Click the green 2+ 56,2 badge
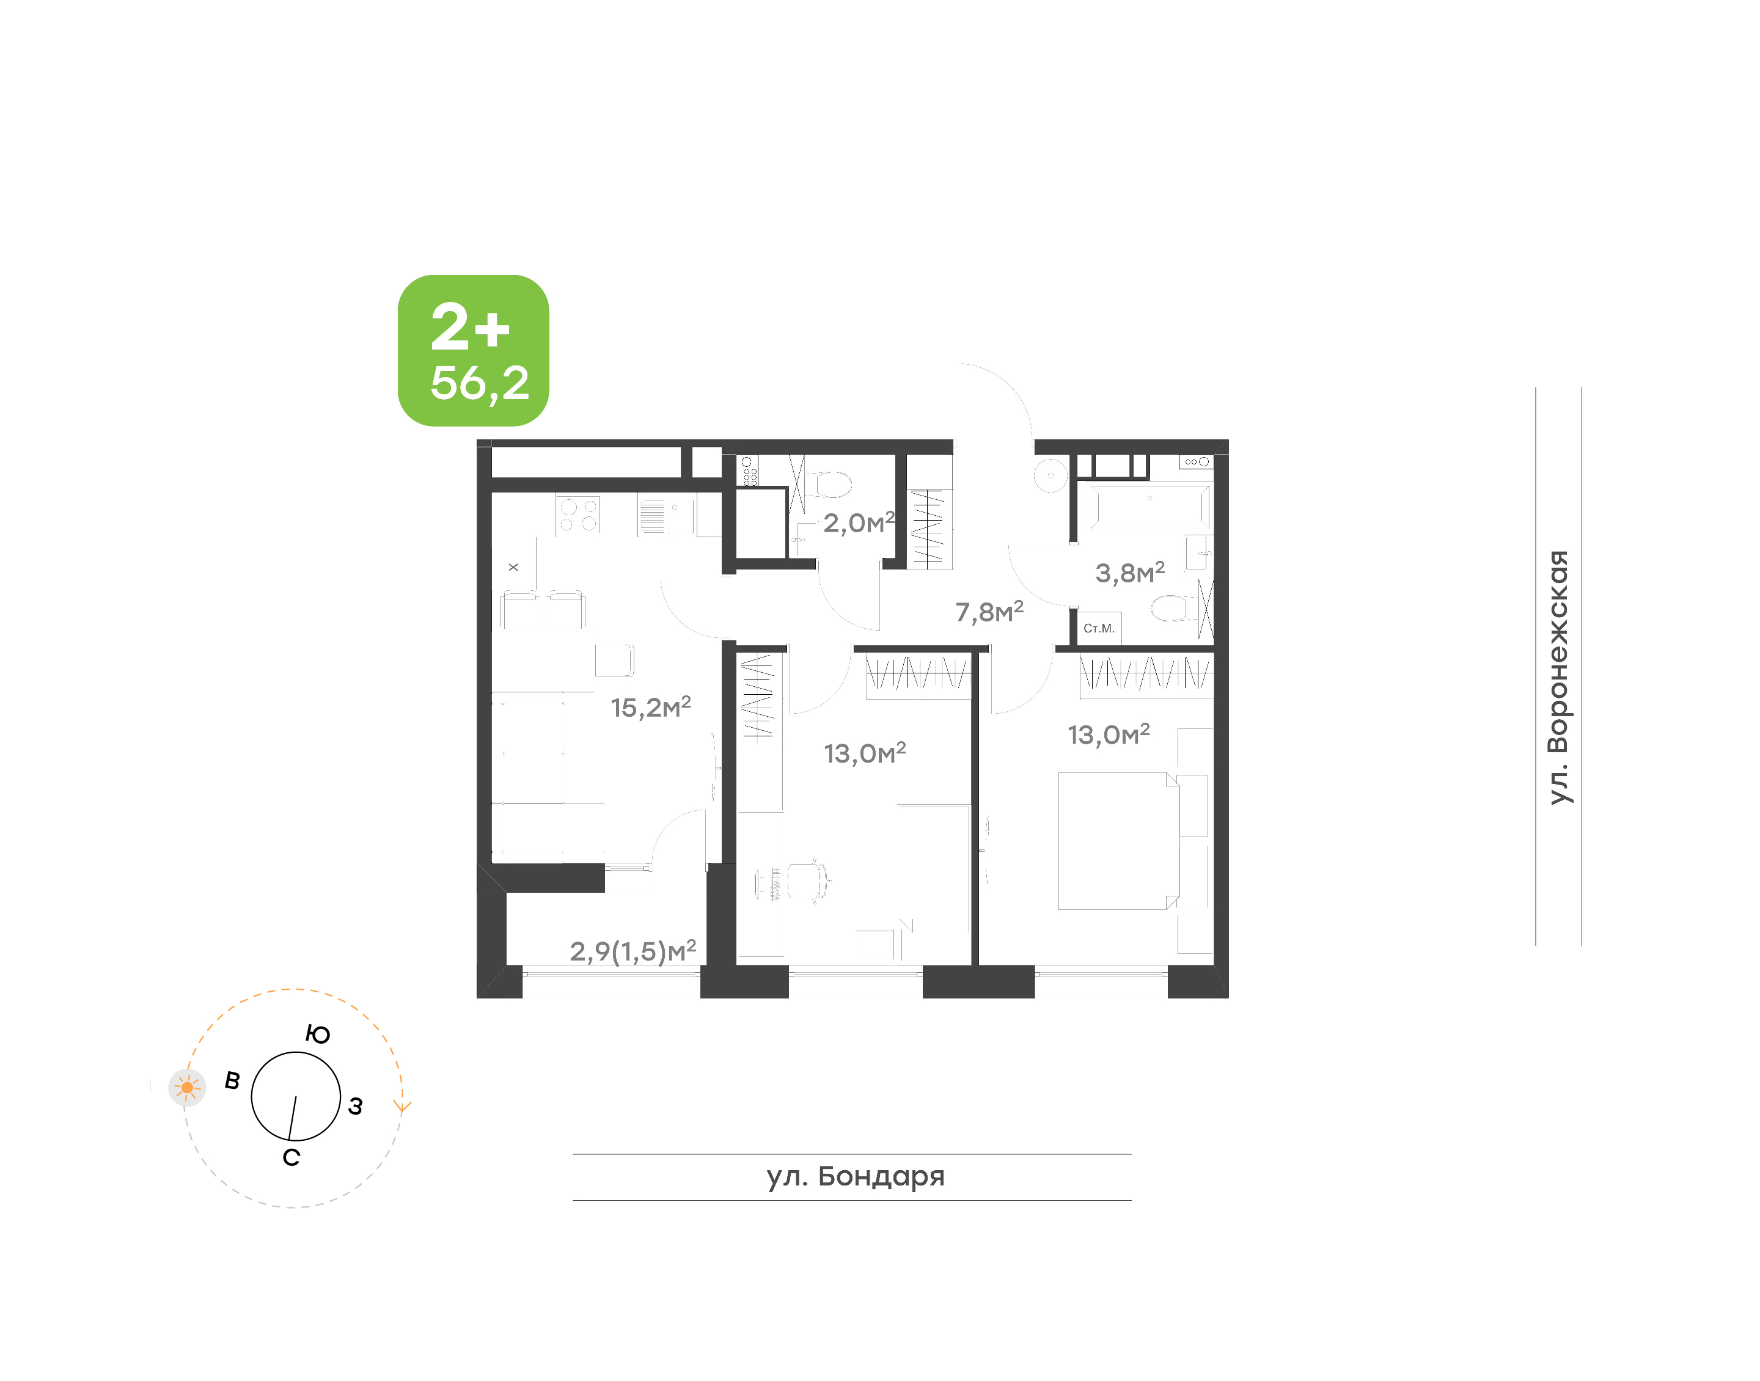(473, 350)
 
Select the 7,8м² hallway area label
(989, 611)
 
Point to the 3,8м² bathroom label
(1129, 573)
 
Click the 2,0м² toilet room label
(859, 522)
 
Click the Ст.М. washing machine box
(1099, 628)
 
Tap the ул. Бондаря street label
(856, 1176)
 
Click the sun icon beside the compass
(187, 1088)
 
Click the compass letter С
(291, 1158)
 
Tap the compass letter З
(355, 1106)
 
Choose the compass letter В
(232, 1080)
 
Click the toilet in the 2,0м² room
(829, 485)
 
